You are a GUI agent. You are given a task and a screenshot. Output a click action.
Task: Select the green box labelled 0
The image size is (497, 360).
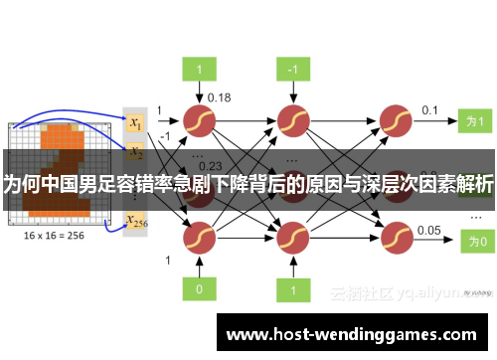coord(199,289)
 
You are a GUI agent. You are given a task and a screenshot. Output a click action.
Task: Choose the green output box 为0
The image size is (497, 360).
coord(476,240)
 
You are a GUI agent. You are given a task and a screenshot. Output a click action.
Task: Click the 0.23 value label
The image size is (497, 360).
coord(211,165)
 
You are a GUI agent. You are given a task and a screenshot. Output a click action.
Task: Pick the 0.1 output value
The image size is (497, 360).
coord(429,109)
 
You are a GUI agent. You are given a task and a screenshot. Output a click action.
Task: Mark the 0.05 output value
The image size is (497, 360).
coord(429,230)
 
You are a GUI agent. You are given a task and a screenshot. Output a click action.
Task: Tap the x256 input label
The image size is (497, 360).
coord(136,222)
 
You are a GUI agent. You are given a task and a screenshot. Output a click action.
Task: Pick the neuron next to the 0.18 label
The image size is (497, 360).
coord(199,120)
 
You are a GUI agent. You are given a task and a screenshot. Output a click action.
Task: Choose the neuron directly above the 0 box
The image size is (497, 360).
coord(199,240)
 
